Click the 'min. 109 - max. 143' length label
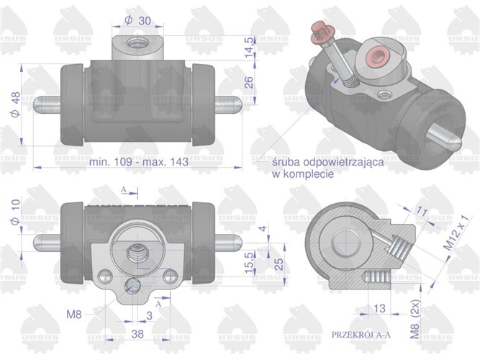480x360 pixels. pyautogui.click(x=139, y=162)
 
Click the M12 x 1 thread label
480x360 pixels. pyautogui.click(x=461, y=232)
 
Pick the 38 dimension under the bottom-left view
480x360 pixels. pyautogui.click(x=138, y=334)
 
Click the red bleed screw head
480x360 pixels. pyautogui.click(x=317, y=32)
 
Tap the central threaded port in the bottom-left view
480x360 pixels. pyautogui.click(x=135, y=253)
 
